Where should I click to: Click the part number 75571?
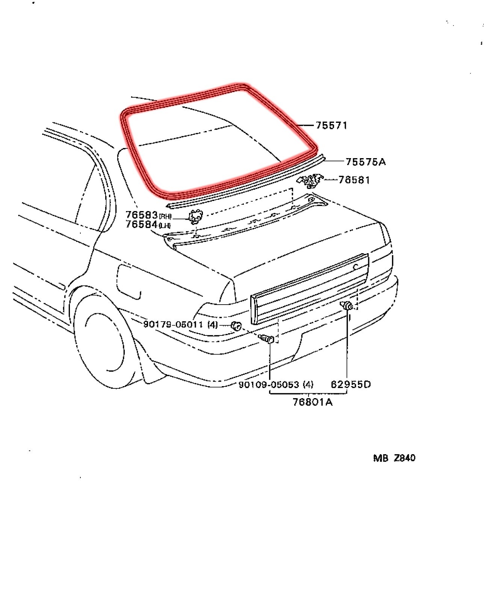pyautogui.click(x=331, y=125)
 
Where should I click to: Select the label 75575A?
pyautogui.click(x=365, y=162)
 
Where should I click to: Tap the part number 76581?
pyautogui.click(x=354, y=180)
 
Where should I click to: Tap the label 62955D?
pyautogui.click(x=351, y=384)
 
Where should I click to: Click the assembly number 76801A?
pyautogui.click(x=313, y=402)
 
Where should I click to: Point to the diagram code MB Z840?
pyautogui.click(x=394, y=458)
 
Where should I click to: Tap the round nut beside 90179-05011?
pyautogui.click(x=236, y=326)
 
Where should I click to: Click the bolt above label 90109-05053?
pyautogui.click(x=268, y=339)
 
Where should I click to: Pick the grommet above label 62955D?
pyautogui.click(x=347, y=306)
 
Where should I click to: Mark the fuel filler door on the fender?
pyautogui.click(x=129, y=282)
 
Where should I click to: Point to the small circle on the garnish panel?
pyautogui.click(x=355, y=267)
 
